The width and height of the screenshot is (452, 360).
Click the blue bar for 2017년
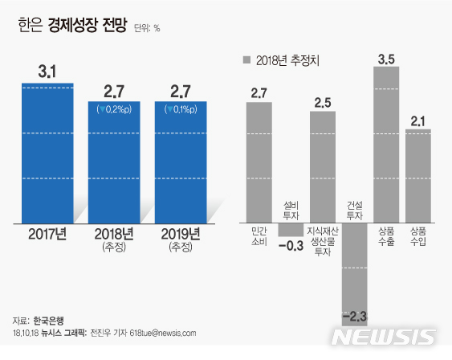[47, 153]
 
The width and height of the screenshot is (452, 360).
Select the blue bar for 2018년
[114, 162]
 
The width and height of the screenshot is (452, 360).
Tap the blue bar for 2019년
[181, 162]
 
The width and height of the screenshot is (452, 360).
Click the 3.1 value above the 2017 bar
[47, 72]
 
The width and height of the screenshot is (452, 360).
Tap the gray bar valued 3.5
[386, 145]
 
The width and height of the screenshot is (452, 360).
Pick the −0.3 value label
[291, 246]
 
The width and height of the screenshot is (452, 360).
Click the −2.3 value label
[354, 313]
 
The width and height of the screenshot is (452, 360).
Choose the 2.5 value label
[323, 102]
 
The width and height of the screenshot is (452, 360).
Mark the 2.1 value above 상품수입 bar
[417, 121]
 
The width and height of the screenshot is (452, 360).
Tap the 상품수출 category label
[386, 236]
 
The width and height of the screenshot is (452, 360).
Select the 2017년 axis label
[47, 234]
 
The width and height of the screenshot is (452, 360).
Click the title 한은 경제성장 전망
[73, 26]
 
